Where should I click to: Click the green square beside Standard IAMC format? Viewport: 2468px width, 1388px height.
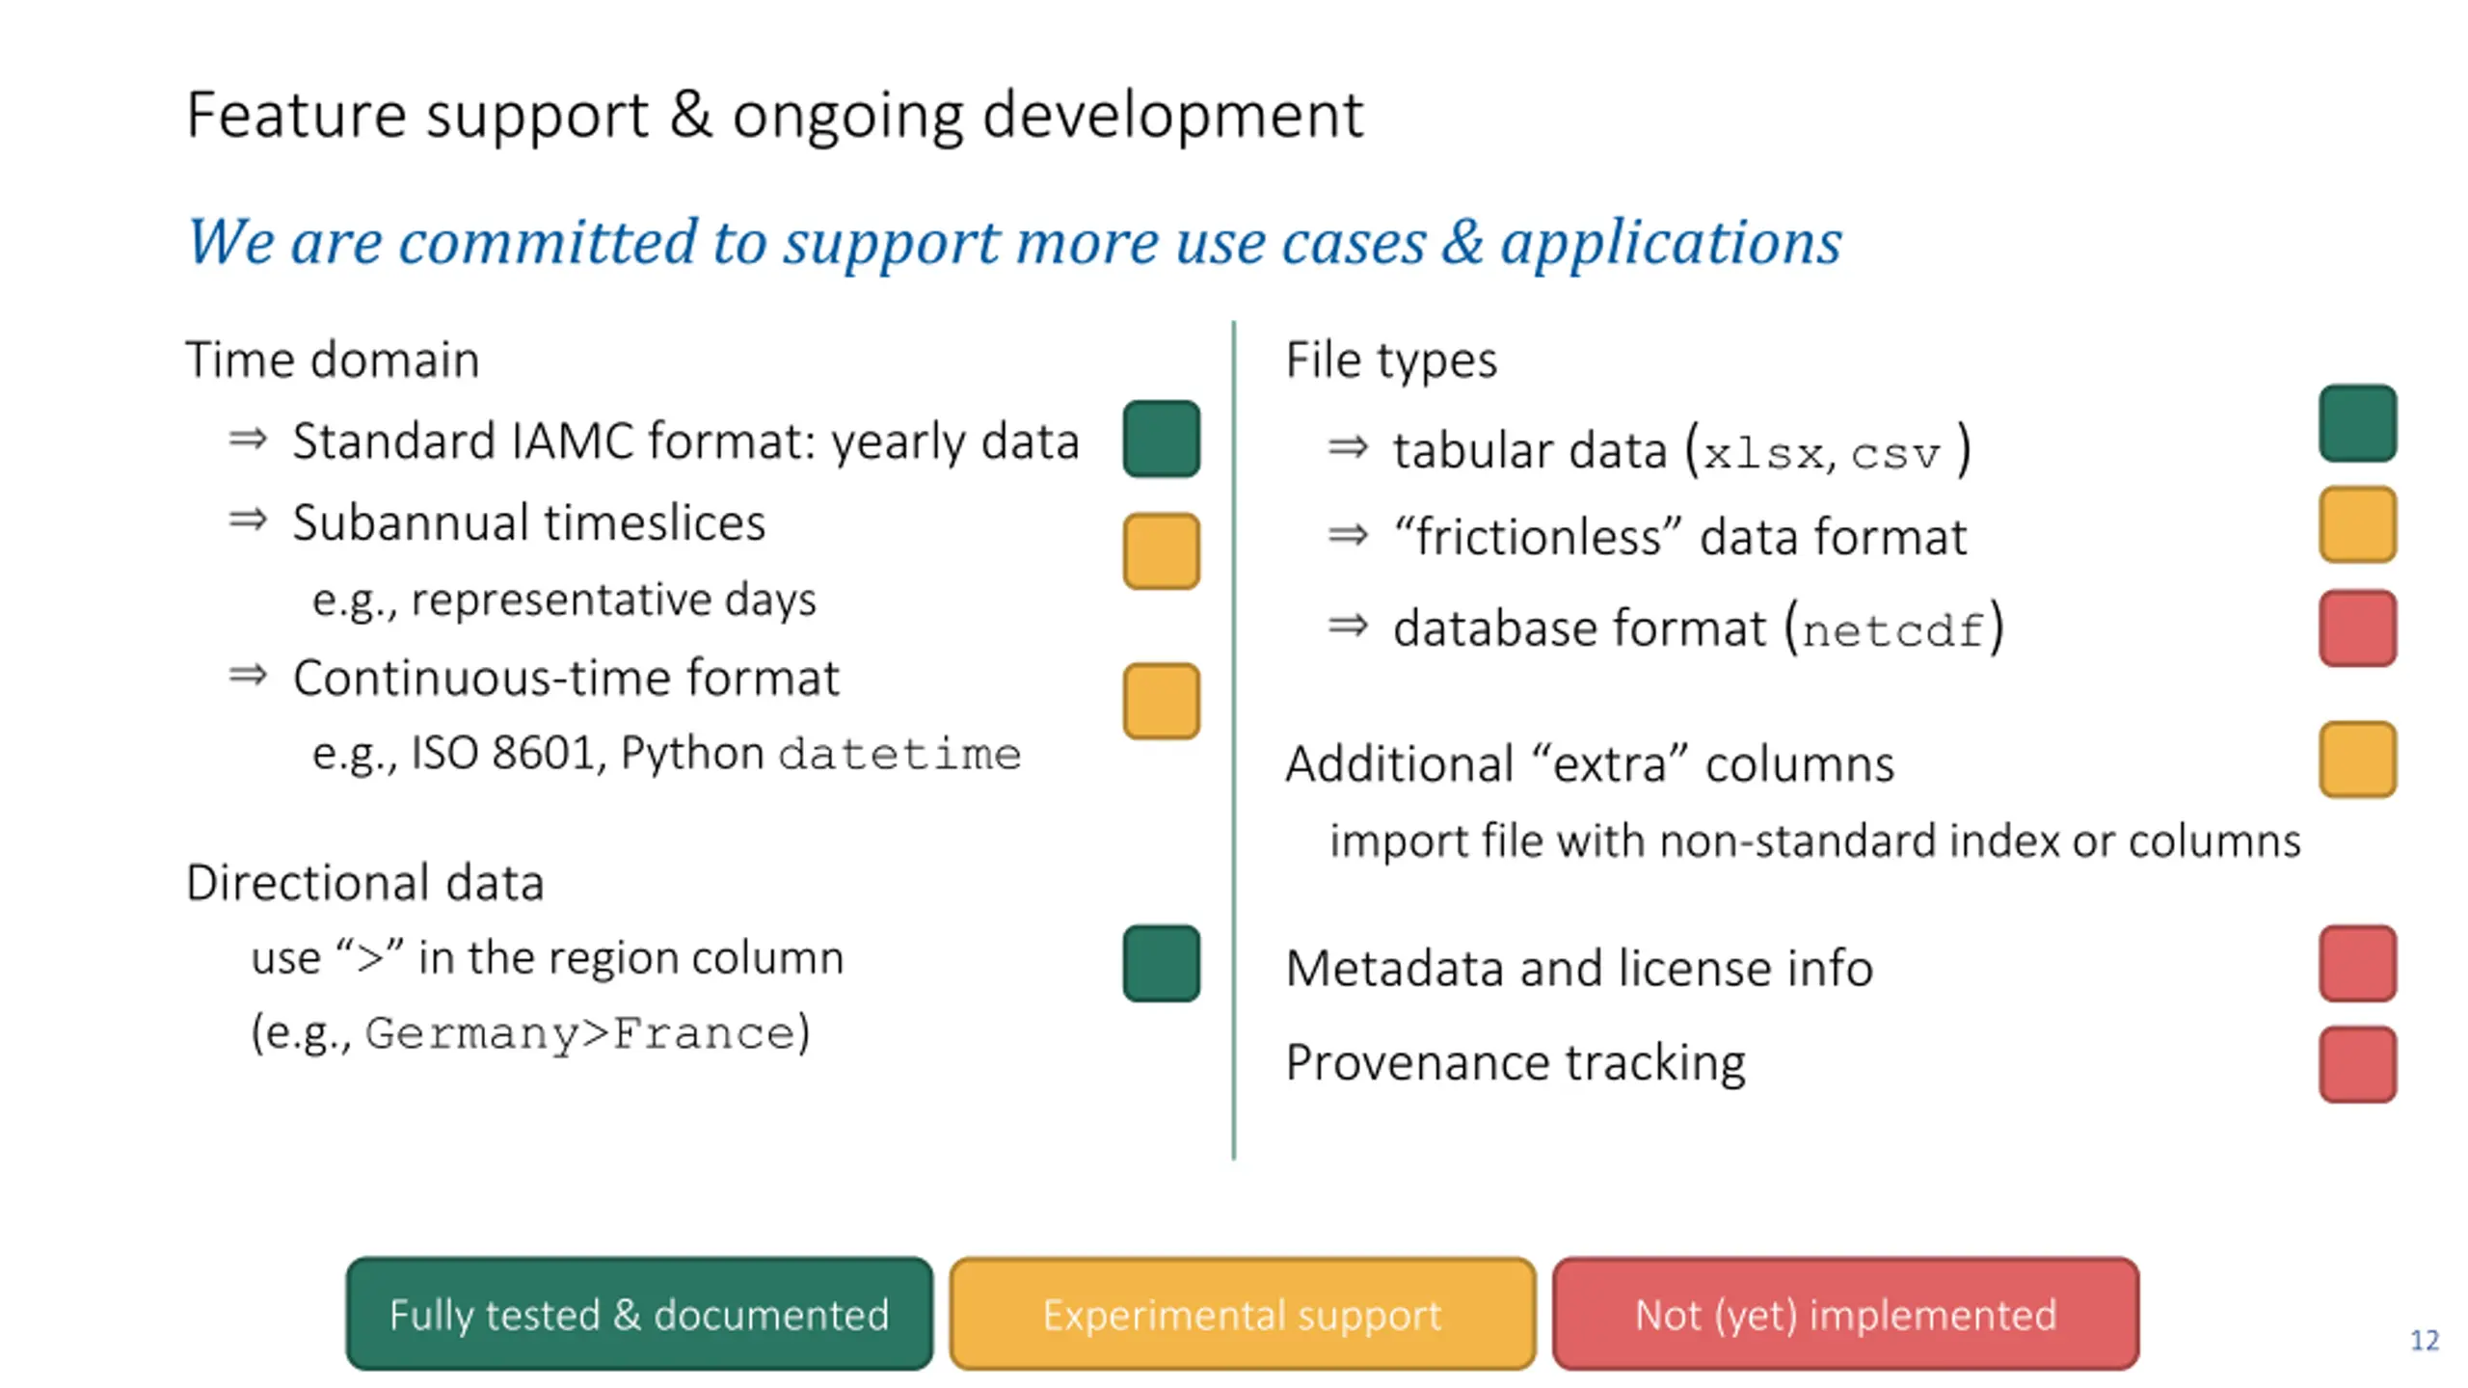(1161, 439)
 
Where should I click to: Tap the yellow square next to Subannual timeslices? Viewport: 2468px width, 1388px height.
(1161, 550)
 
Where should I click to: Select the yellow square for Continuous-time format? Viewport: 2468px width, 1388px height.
(1161, 701)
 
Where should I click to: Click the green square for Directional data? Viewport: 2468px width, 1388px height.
(1161, 963)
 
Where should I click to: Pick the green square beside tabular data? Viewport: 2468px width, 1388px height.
(2357, 423)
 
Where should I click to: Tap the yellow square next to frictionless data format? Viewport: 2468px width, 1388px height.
(2357, 524)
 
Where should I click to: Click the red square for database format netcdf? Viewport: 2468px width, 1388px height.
(2357, 627)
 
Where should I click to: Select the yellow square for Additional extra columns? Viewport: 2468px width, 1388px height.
(2357, 760)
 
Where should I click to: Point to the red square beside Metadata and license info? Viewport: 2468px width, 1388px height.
(2357, 963)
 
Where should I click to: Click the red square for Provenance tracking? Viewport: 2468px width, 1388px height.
(2357, 1064)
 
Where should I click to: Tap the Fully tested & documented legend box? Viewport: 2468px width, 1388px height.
(639, 1314)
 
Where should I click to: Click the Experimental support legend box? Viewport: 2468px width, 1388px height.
(1242, 1314)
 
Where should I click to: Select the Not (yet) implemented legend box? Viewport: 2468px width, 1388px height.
(1845, 1314)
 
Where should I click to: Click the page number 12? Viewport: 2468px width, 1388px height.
(2424, 1341)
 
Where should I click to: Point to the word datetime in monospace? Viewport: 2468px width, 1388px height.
(899, 754)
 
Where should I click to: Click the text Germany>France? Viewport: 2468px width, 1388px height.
(581, 1033)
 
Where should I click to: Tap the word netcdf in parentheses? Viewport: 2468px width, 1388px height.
(1892, 631)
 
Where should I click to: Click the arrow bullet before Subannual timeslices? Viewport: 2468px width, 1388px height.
(248, 520)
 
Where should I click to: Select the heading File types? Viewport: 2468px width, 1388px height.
(1391, 360)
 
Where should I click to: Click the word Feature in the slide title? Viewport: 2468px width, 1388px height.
(296, 116)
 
